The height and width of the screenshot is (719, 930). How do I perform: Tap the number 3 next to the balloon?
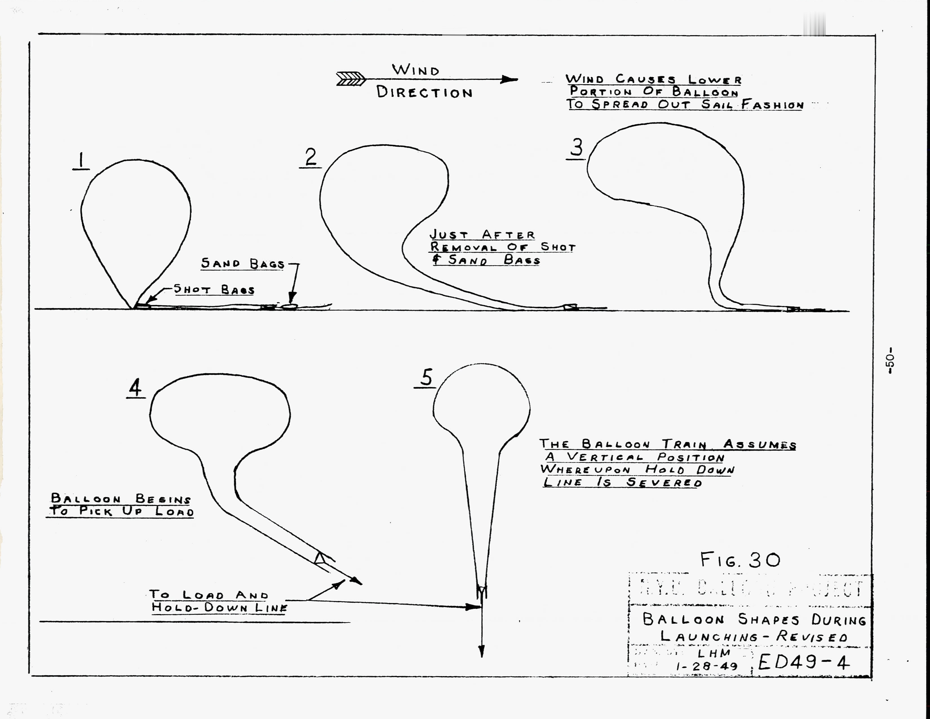click(577, 147)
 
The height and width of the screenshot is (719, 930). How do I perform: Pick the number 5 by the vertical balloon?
click(426, 377)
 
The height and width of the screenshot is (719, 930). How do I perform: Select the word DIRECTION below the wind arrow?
click(424, 92)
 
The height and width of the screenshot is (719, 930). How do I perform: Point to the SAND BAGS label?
click(243, 264)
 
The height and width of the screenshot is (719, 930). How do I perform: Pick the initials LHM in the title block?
click(714, 652)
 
